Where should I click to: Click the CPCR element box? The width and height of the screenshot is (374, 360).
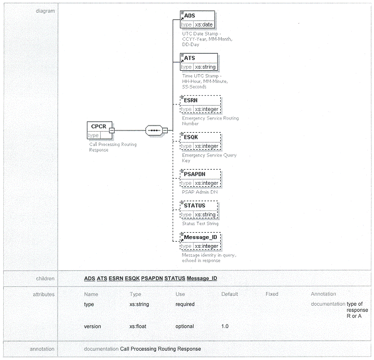100,131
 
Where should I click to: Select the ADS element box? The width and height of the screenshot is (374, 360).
198,19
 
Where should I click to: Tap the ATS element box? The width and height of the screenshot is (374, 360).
199,62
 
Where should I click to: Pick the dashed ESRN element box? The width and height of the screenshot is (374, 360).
200,104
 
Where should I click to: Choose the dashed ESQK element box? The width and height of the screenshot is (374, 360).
200,141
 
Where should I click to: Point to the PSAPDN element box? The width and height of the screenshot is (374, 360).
200,178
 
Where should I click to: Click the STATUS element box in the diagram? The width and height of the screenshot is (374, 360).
199,210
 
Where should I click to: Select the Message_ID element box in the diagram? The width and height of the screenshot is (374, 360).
200,241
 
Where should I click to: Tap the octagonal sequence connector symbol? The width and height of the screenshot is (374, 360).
154,131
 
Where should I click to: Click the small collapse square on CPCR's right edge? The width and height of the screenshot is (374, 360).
112,131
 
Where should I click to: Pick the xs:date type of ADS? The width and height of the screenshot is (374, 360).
204,24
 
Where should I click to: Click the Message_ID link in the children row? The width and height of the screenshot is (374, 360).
202,278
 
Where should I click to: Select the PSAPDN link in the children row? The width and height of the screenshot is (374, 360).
152,278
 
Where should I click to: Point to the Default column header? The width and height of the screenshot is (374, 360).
230,294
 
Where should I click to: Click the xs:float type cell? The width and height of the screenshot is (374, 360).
138,326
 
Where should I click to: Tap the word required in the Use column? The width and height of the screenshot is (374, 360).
185,304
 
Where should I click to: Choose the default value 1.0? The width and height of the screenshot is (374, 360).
225,326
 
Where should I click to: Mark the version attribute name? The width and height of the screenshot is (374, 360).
92,326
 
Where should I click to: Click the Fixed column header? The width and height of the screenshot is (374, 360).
272,294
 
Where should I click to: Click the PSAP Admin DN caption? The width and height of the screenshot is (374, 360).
200,192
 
